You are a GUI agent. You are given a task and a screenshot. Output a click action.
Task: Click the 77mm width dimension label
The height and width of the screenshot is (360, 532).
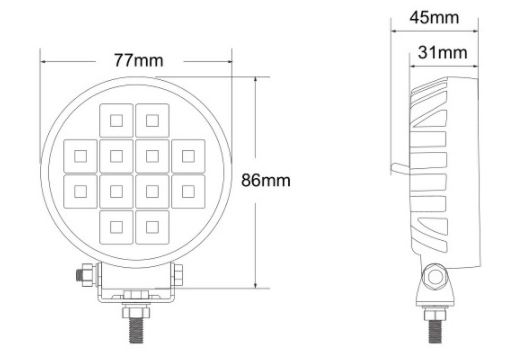pyautogui.click(x=138, y=60)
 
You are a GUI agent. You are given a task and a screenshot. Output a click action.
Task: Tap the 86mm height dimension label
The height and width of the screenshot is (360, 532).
pyautogui.click(x=266, y=180)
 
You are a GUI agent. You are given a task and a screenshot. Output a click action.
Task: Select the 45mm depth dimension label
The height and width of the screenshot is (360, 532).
pyautogui.click(x=434, y=17)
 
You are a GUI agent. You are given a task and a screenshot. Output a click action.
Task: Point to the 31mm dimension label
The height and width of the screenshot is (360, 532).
pyautogui.click(x=442, y=52)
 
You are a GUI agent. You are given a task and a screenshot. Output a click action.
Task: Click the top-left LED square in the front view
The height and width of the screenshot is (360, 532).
pyautogui.click(x=116, y=120)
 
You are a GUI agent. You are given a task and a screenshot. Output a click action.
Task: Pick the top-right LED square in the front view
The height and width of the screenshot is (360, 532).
pyautogui.click(x=152, y=120)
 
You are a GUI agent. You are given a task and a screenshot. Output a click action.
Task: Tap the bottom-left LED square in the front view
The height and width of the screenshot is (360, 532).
pyautogui.click(x=116, y=227)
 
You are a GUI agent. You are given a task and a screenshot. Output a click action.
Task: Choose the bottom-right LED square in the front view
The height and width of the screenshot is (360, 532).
pyautogui.click(x=152, y=227)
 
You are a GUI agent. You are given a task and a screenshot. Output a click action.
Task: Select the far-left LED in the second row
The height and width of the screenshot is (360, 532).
pyautogui.click(x=80, y=156)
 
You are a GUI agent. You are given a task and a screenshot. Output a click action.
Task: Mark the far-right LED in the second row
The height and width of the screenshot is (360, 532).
pyautogui.click(x=188, y=156)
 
